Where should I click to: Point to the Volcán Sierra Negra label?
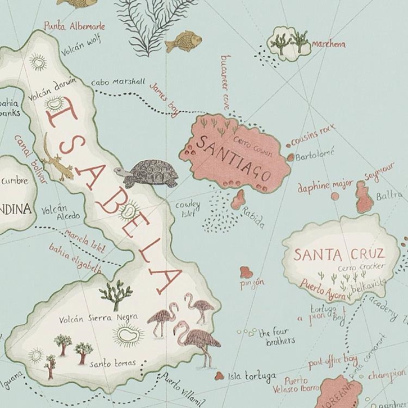coord(98,318)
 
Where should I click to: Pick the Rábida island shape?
coord(238,199)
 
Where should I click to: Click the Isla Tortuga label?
coord(252,375)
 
